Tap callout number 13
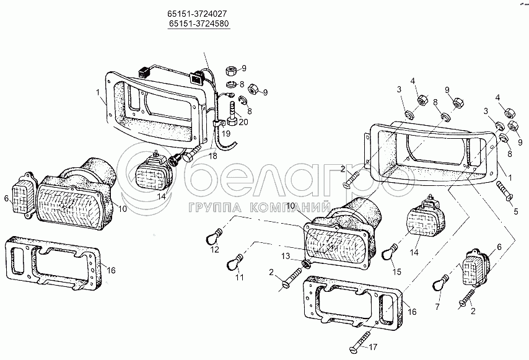[286, 256]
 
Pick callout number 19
[226, 133]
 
